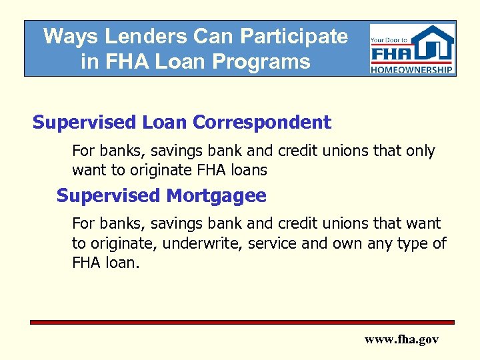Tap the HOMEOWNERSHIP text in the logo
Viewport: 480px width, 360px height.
point(413,69)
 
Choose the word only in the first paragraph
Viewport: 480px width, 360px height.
point(419,151)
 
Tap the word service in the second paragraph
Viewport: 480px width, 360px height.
point(272,244)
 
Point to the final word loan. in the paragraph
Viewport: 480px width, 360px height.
point(123,263)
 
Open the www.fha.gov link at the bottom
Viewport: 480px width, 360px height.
point(401,339)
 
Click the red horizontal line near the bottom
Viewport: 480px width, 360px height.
point(242,322)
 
